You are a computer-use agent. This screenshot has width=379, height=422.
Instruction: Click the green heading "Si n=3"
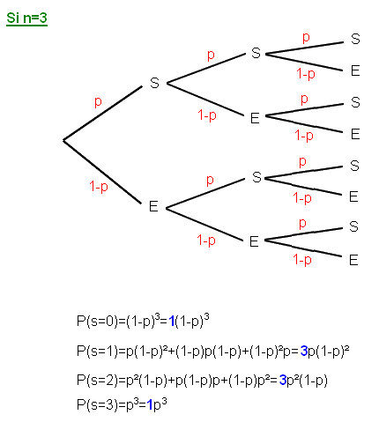point(26,19)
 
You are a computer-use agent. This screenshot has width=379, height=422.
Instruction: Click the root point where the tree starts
point(63,141)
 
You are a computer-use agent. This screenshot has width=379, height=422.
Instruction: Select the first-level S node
point(154,83)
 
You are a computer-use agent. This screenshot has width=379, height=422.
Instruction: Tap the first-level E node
point(153,206)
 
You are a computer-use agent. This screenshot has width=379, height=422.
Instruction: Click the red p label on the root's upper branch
point(98,102)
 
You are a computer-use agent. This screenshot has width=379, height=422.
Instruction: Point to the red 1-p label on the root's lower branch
point(99,187)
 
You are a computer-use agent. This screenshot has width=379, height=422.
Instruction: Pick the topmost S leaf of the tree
point(355,39)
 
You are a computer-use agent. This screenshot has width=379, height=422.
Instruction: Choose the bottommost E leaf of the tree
point(353,260)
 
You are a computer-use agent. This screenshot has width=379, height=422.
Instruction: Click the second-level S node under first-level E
point(256,177)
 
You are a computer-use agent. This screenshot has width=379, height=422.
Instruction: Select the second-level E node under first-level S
point(255,118)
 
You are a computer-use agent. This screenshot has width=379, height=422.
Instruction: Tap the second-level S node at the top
point(256,53)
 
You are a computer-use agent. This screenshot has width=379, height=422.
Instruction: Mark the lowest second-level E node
point(254,241)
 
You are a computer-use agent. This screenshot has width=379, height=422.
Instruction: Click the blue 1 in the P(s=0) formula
point(172,322)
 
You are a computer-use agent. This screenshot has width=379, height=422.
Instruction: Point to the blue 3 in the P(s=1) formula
point(304,351)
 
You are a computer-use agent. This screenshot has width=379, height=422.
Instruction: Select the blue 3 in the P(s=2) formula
point(283,381)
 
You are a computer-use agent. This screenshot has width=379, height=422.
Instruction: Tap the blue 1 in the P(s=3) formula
point(150,405)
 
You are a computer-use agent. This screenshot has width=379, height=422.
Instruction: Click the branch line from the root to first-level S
point(103,114)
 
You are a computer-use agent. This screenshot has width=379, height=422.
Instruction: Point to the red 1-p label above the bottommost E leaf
point(302,260)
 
